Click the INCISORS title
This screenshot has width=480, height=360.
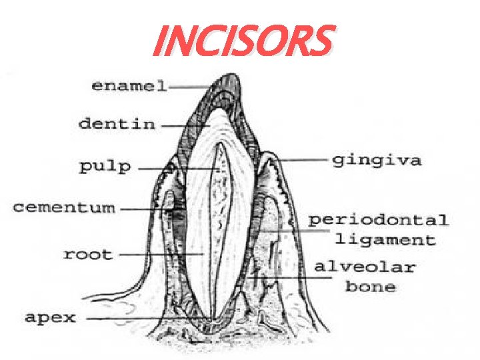(x=241, y=41)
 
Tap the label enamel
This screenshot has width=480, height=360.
(x=129, y=86)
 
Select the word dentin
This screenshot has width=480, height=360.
(x=117, y=123)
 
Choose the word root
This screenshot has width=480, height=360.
(x=88, y=254)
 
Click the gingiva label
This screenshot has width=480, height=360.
(x=377, y=161)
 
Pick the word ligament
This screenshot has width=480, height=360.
(x=385, y=239)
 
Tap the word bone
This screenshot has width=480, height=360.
(x=370, y=287)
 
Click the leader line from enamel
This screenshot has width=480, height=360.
(x=193, y=86)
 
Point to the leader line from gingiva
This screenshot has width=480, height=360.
(x=303, y=160)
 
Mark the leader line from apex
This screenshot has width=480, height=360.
(x=147, y=319)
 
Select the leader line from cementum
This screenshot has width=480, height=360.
(x=143, y=209)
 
